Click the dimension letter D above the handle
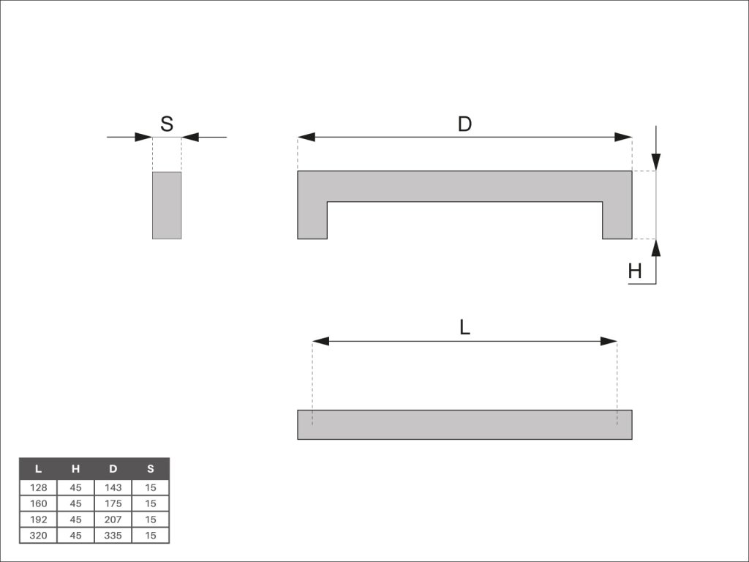tap(464, 124)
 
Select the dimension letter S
tap(167, 123)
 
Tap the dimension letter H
tap(635, 271)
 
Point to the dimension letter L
tap(464, 328)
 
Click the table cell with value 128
tap(38, 487)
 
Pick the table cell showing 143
tap(113, 487)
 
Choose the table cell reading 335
tap(113, 535)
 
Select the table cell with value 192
tap(38, 520)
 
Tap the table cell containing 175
tap(113, 503)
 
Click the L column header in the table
tap(38, 469)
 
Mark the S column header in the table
tap(151, 469)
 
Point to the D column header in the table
tap(113, 469)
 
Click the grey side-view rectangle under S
tap(167, 205)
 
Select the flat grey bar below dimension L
tap(464, 424)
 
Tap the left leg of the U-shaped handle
tap(312, 220)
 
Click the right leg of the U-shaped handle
tap(617, 220)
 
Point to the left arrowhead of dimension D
tap(306, 137)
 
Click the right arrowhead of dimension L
tap(609, 341)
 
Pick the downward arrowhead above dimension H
tap(656, 161)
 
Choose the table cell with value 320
tap(38, 535)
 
